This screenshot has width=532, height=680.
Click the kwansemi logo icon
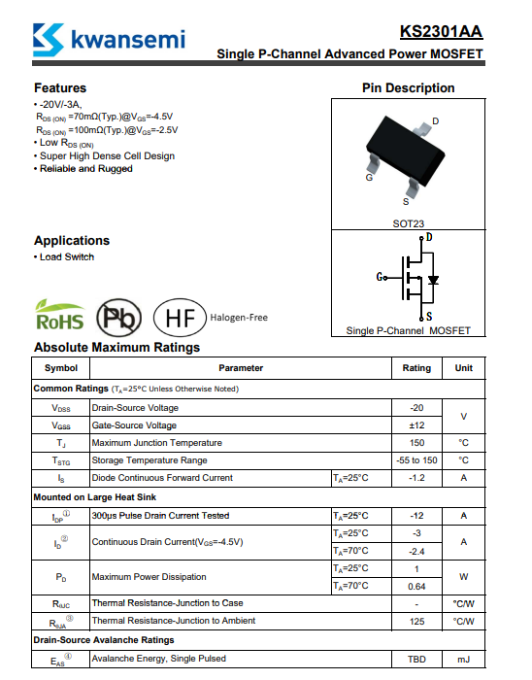(49, 40)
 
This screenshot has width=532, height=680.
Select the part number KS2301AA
(441, 32)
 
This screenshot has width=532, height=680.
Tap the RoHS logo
(60, 315)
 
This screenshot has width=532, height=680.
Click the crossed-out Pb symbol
(118, 318)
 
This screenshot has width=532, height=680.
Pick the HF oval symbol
(180, 318)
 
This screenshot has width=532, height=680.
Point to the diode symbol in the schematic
(433, 280)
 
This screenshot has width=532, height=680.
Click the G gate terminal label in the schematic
(380, 277)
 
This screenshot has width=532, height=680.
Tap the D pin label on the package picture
(435, 121)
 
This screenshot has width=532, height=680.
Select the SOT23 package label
(408, 223)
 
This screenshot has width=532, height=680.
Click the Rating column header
(416, 368)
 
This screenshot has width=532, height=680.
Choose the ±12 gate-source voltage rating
(416, 425)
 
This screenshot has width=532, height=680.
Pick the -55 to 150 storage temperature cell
(416, 460)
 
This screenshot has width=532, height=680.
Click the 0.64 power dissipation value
(416, 587)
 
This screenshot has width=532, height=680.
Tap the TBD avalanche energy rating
(416, 660)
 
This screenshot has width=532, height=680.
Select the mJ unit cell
(463, 660)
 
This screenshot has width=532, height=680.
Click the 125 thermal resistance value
(416, 622)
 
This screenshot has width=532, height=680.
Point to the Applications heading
(72, 241)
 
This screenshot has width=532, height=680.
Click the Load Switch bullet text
(67, 256)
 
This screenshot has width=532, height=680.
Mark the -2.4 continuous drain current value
(416, 552)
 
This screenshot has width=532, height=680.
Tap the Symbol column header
(61, 368)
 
